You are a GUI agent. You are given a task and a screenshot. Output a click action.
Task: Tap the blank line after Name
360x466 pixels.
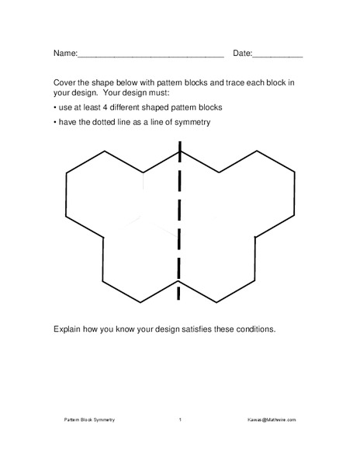tap(151, 56)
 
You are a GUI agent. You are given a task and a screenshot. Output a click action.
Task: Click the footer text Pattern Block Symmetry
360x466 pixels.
tap(88, 420)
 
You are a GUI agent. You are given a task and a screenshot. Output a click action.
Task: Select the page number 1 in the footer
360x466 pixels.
tap(180, 420)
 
